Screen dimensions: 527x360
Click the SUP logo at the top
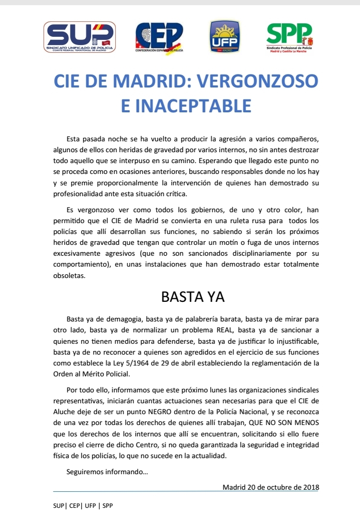click(x=80, y=37)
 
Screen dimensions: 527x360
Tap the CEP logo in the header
click(x=159, y=37)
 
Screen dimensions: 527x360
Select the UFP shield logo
click(x=224, y=37)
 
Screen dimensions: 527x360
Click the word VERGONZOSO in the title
click(x=258, y=82)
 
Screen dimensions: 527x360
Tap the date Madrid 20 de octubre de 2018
click(x=271, y=487)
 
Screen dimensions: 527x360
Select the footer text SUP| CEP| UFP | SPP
click(x=83, y=505)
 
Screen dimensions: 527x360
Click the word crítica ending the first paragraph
click(x=173, y=194)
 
